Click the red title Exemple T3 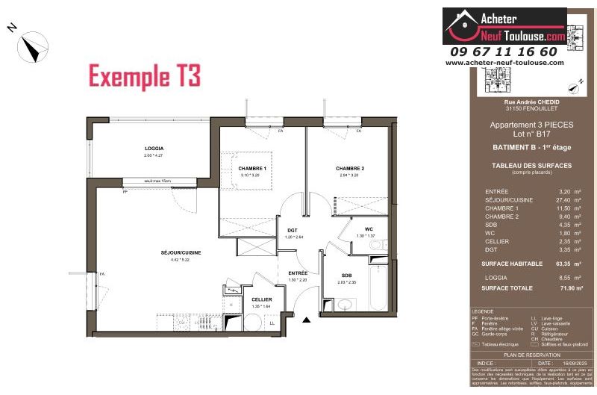(x=145, y=75)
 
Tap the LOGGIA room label (x=154, y=149)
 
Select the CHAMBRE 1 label (x=252, y=169)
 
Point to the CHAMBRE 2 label (x=349, y=169)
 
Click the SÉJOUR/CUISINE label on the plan (x=181, y=252)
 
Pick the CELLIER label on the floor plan (x=261, y=299)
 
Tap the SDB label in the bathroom (x=346, y=275)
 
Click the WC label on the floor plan (x=369, y=228)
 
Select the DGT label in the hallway (x=293, y=230)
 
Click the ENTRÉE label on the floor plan (x=298, y=274)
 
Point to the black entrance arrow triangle (x=306, y=321)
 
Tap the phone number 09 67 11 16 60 (x=504, y=52)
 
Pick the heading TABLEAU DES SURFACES (x=532, y=165)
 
